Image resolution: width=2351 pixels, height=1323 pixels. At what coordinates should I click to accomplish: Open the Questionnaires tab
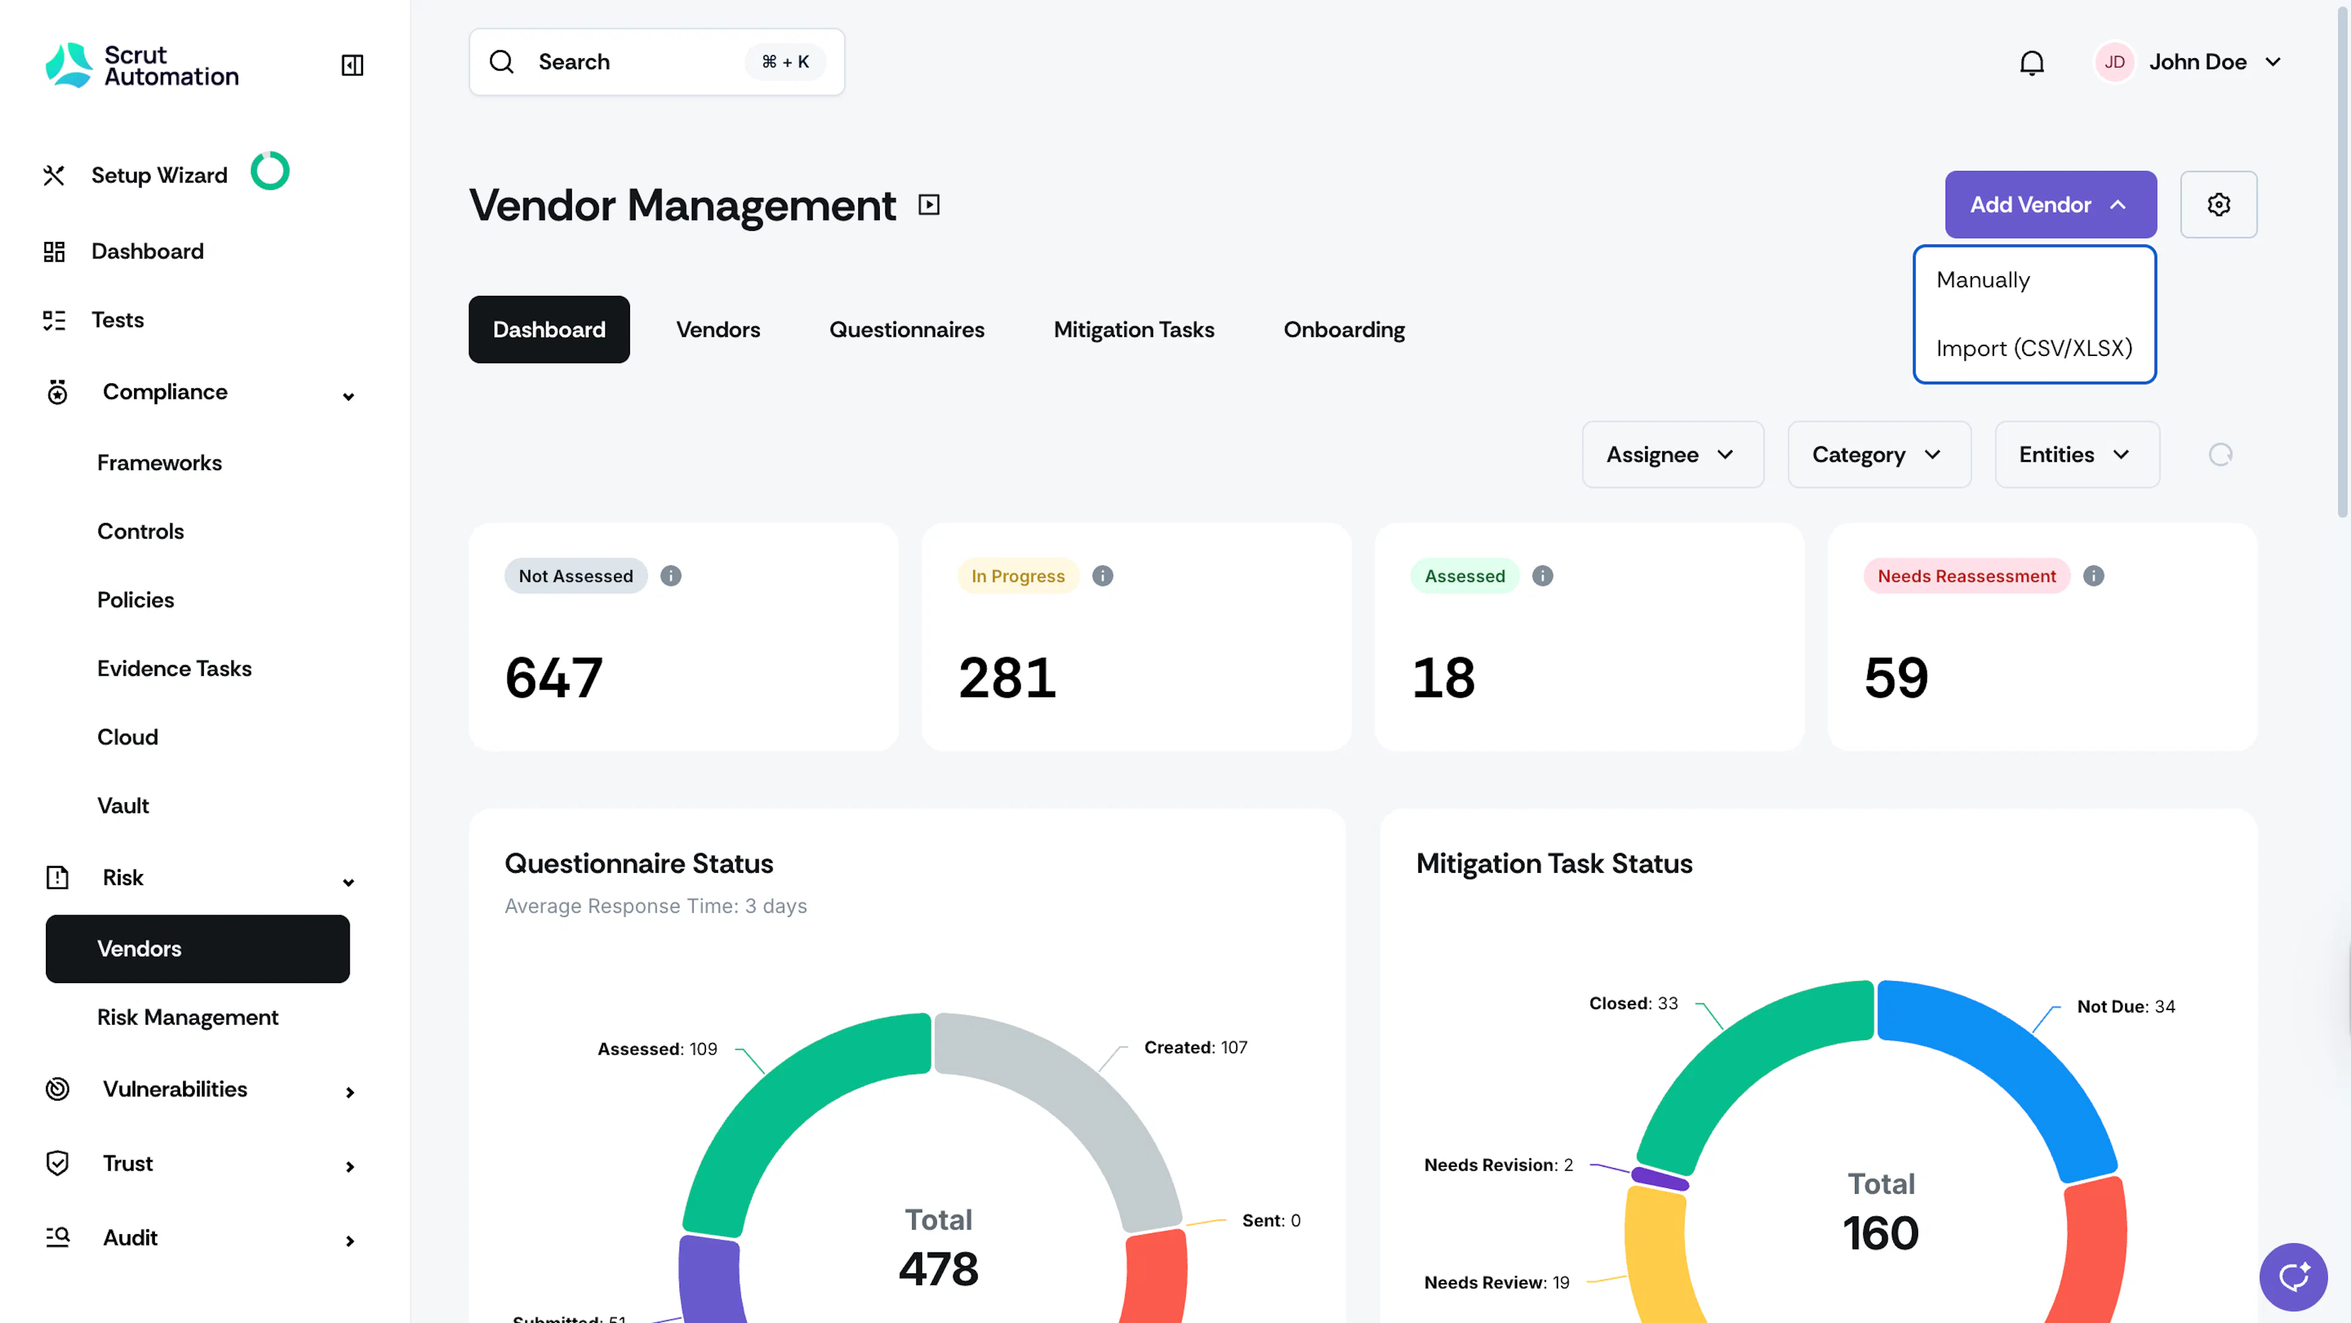906,330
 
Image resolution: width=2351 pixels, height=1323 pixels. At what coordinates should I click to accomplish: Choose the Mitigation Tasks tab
1133,330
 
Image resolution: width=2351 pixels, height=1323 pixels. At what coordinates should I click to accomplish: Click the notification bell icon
2031,62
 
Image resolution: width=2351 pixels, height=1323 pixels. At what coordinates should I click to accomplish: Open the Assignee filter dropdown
1673,454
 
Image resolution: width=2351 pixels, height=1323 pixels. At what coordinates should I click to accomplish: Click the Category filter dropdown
1879,454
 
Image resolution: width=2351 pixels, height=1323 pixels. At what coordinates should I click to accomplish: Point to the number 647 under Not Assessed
554,677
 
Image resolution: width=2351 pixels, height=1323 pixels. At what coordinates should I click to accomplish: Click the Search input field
657,62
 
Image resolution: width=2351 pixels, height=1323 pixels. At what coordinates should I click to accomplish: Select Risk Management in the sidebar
188,1017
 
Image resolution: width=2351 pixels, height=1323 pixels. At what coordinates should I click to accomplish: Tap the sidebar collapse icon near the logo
352,65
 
